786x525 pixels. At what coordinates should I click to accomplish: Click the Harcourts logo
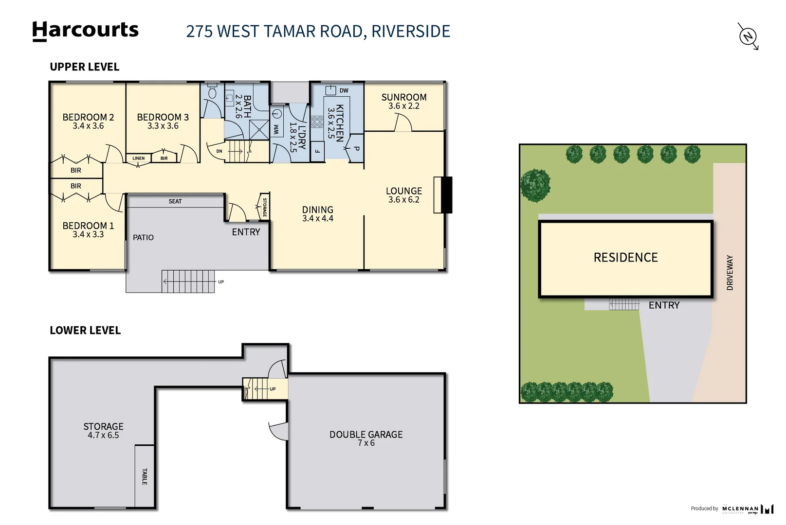[x=85, y=31]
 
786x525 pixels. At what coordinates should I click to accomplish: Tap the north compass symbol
[x=748, y=36]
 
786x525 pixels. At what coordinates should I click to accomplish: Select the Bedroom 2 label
[x=88, y=117]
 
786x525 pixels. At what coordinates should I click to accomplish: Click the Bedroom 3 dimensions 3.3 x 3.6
[x=163, y=126]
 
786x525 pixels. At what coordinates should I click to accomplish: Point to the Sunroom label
[x=403, y=97]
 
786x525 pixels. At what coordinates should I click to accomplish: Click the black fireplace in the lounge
[x=446, y=195]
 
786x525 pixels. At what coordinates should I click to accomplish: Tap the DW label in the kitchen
[x=344, y=90]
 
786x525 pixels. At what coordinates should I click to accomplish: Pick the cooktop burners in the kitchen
[x=317, y=122]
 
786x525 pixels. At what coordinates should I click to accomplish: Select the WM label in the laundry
[x=276, y=129]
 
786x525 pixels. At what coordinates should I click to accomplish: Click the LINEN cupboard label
[x=138, y=158]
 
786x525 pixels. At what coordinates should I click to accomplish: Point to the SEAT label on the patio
[x=175, y=201]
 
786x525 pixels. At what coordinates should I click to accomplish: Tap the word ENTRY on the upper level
[x=246, y=232]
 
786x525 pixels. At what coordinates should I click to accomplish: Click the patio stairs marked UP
[x=188, y=281]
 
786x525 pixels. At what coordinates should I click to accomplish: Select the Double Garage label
[x=366, y=435]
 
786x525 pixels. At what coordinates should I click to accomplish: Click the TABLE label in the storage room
[x=145, y=476]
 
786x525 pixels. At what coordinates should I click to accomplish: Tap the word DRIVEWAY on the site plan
[x=730, y=273]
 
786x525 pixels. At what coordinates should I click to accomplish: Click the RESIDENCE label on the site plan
[x=625, y=258]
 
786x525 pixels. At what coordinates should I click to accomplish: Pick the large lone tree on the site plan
[x=535, y=185]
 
